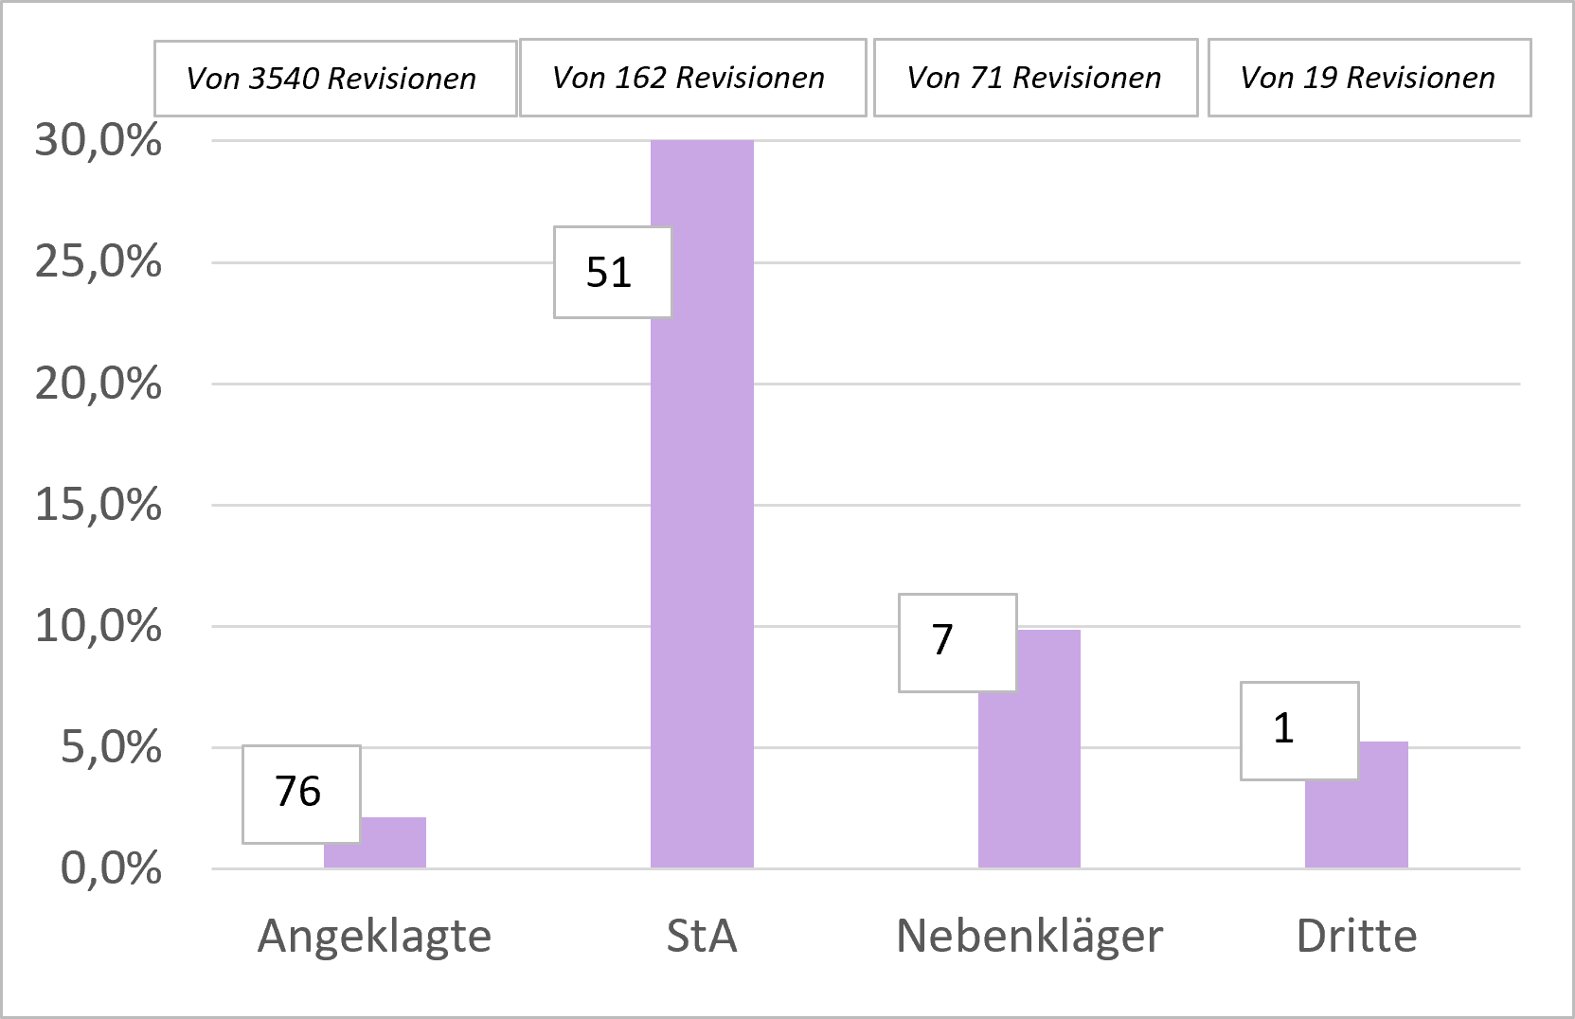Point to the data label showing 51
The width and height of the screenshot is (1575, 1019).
(x=612, y=273)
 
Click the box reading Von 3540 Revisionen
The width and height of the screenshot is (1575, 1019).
(x=334, y=79)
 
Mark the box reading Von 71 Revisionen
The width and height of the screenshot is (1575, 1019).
(x=1035, y=78)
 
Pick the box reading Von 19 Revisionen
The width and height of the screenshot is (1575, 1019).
(x=1369, y=78)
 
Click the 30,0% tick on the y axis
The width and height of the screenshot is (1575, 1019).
(x=98, y=141)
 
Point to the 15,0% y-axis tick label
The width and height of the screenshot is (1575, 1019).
(x=98, y=506)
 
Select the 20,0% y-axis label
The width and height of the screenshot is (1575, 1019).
(x=98, y=384)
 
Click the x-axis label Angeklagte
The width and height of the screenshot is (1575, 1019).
(x=375, y=937)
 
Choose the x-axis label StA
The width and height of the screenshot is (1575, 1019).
(x=702, y=937)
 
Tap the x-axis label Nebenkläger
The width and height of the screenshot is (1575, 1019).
(x=1029, y=937)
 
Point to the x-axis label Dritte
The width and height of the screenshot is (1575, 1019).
(x=1356, y=937)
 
